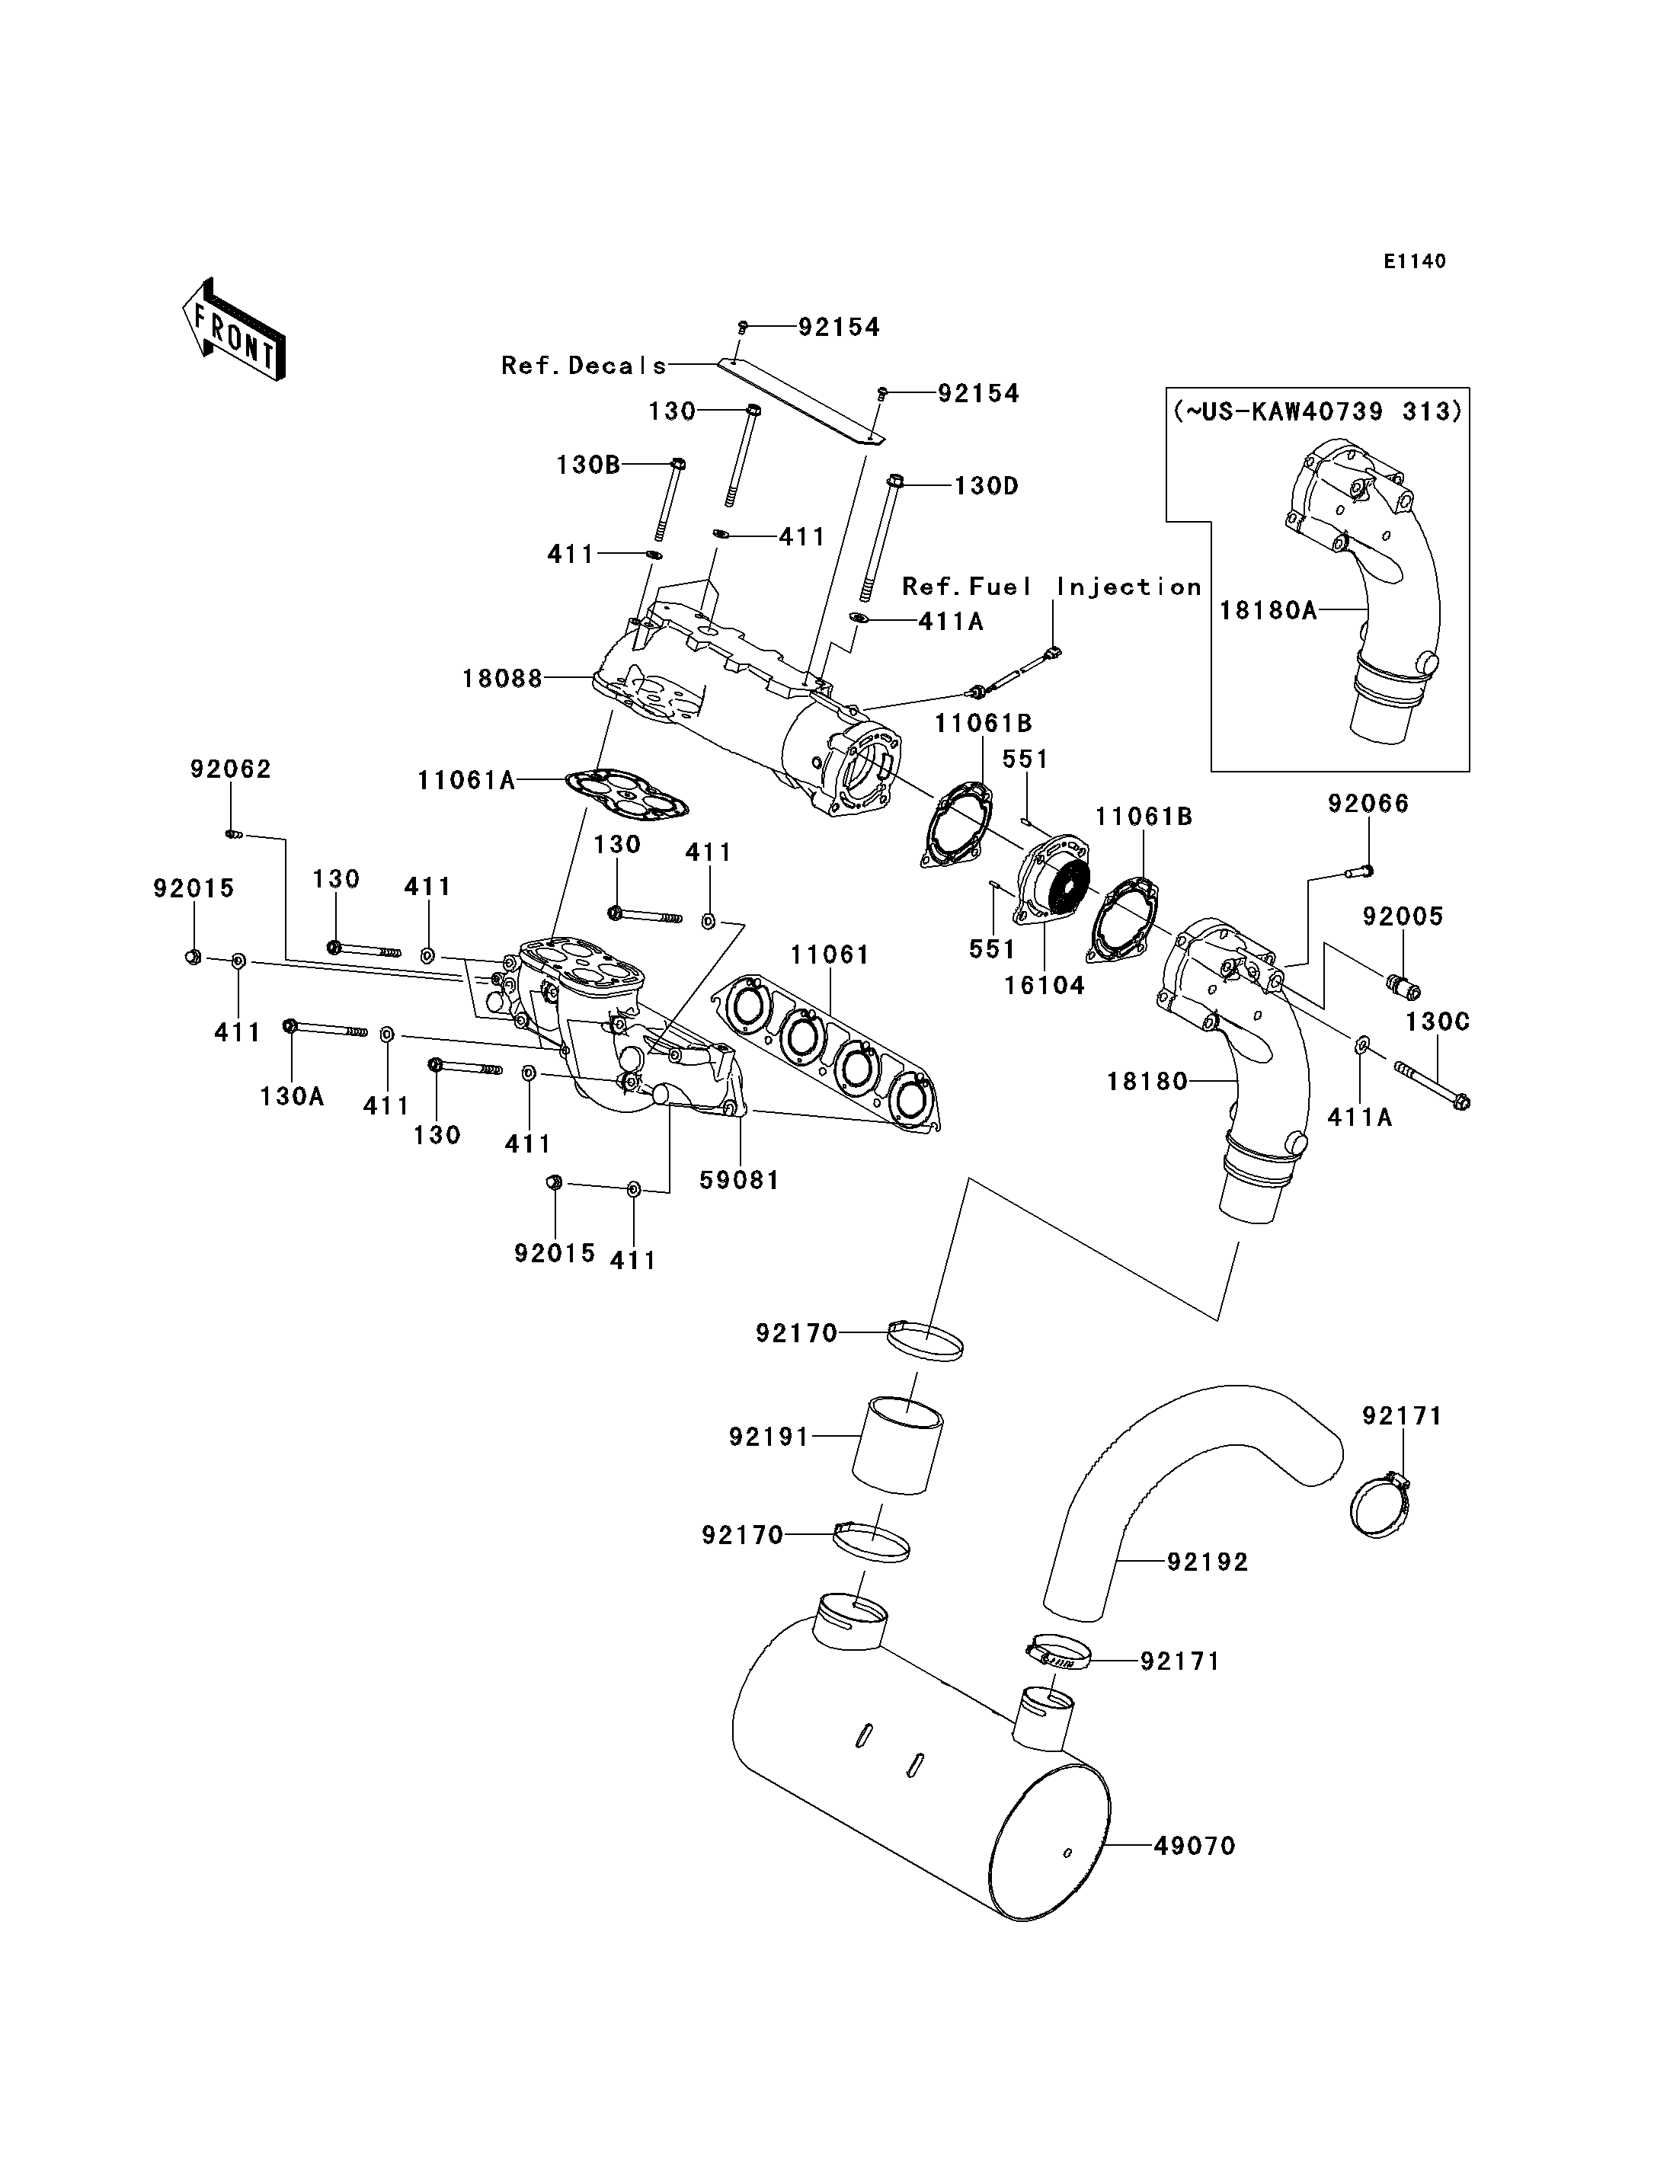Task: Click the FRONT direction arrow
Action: click(x=235, y=329)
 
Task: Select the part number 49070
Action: click(x=1194, y=1846)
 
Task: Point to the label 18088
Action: click(x=502, y=679)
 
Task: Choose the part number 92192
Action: click(x=1207, y=1562)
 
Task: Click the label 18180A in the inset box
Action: click(x=1268, y=610)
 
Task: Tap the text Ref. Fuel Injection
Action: click(x=1051, y=587)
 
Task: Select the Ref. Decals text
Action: click(x=584, y=366)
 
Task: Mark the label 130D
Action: click(x=986, y=486)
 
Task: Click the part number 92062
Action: click(x=231, y=769)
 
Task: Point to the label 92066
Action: click(x=1368, y=803)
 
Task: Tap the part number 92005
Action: click(x=1403, y=916)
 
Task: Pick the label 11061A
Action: click(x=465, y=780)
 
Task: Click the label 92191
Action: click(x=769, y=1437)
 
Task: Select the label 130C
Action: click(x=1438, y=1022)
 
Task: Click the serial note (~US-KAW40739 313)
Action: click(x=1318, y=411)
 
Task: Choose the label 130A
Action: click(x=291, y=1095)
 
